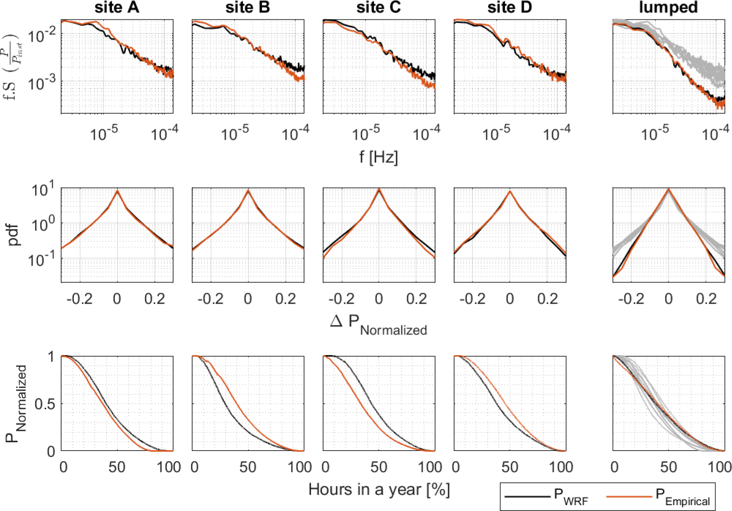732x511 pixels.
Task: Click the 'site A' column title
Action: (117, 8)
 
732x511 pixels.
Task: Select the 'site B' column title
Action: (248, 8)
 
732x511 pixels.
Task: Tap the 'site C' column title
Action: (379, 8)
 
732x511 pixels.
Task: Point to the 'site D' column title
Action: (510, 8)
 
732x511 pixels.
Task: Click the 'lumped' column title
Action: (669, 8)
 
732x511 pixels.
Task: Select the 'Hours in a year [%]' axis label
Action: (379, 489)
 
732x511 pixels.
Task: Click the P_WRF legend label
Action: (571, 497)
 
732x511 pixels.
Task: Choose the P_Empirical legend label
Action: (683, 497)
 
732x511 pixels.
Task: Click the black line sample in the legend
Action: (527, 497)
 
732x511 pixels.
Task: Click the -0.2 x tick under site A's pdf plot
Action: (79, 299)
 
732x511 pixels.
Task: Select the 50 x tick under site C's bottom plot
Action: (378, 467)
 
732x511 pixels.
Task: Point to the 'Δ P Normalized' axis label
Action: (378, 324)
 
